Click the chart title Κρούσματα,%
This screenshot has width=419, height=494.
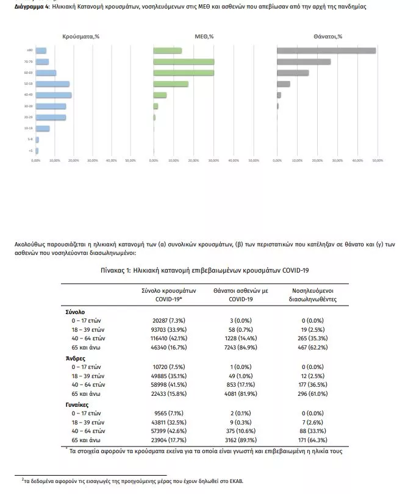click(x=81, y=37)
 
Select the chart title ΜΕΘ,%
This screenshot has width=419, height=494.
click(x=204, y=37)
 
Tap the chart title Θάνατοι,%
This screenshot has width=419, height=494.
click(x=328, y=37)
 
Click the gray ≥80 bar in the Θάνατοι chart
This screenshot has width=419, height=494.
click(x=326, y=51)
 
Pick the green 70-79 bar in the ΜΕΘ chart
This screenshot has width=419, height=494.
click(x=184, y=62)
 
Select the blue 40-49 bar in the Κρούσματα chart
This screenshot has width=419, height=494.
click(x=54, y=95)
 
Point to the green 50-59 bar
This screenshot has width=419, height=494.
click(x=171, y=84)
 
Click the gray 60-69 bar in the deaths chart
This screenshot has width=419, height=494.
click(x=293, y=73)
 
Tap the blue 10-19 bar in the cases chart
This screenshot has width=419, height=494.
click(x=43, y=128)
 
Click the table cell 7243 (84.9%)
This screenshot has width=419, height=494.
click(x=232, y=346)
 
